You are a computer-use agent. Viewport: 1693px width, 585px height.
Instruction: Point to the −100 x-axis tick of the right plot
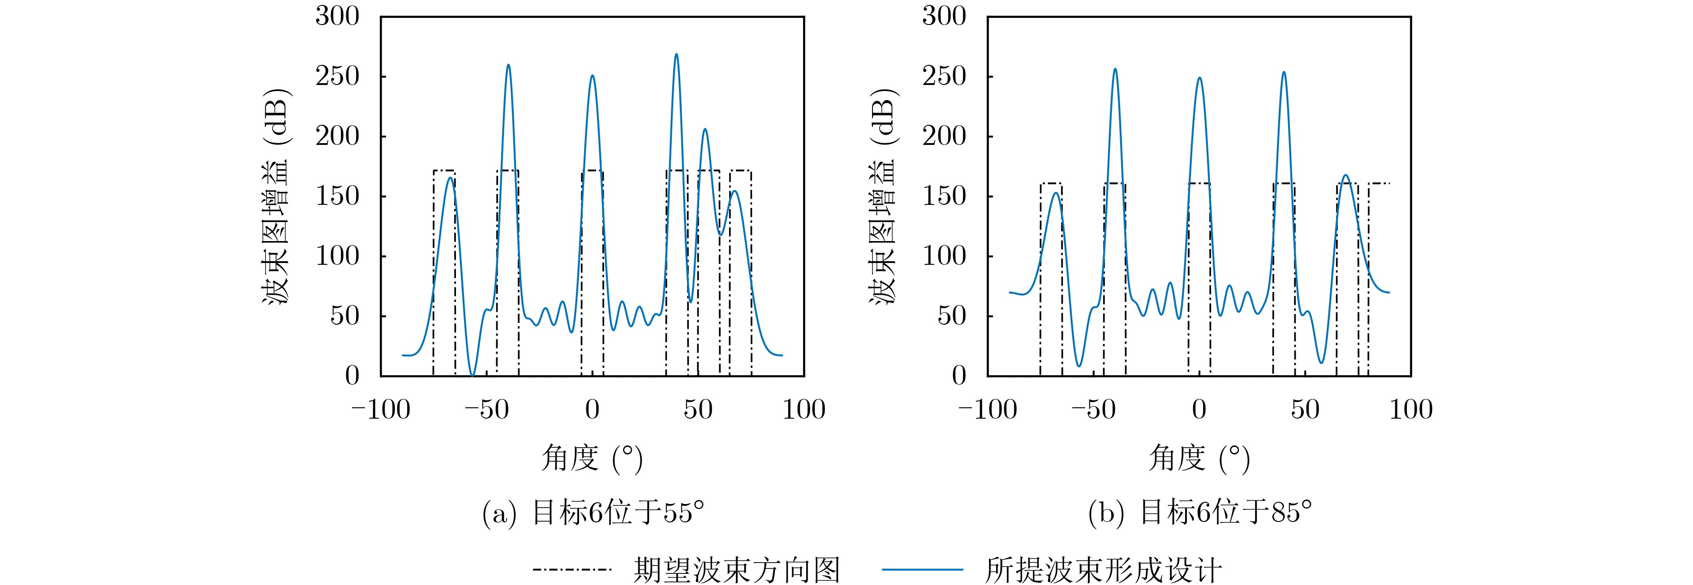(x=987, y=410)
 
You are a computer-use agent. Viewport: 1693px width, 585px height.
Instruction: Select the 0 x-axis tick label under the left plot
(x=592, y=410)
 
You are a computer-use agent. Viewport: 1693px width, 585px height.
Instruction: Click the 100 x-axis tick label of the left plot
(x=803, y=410)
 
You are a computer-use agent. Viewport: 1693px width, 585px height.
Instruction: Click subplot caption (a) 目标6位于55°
(x=593, y=513)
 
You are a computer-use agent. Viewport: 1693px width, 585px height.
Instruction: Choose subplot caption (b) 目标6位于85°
(x=1199, y=513)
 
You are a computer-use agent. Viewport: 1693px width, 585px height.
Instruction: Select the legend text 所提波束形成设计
(x=1103, y=568)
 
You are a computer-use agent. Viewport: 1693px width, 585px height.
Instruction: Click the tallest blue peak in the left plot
(x=676, y=55)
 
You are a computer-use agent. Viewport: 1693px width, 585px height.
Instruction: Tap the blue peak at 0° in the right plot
(x=1199, y=78)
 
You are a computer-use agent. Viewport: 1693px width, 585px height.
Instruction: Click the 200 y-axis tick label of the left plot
(x=337, y=136)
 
